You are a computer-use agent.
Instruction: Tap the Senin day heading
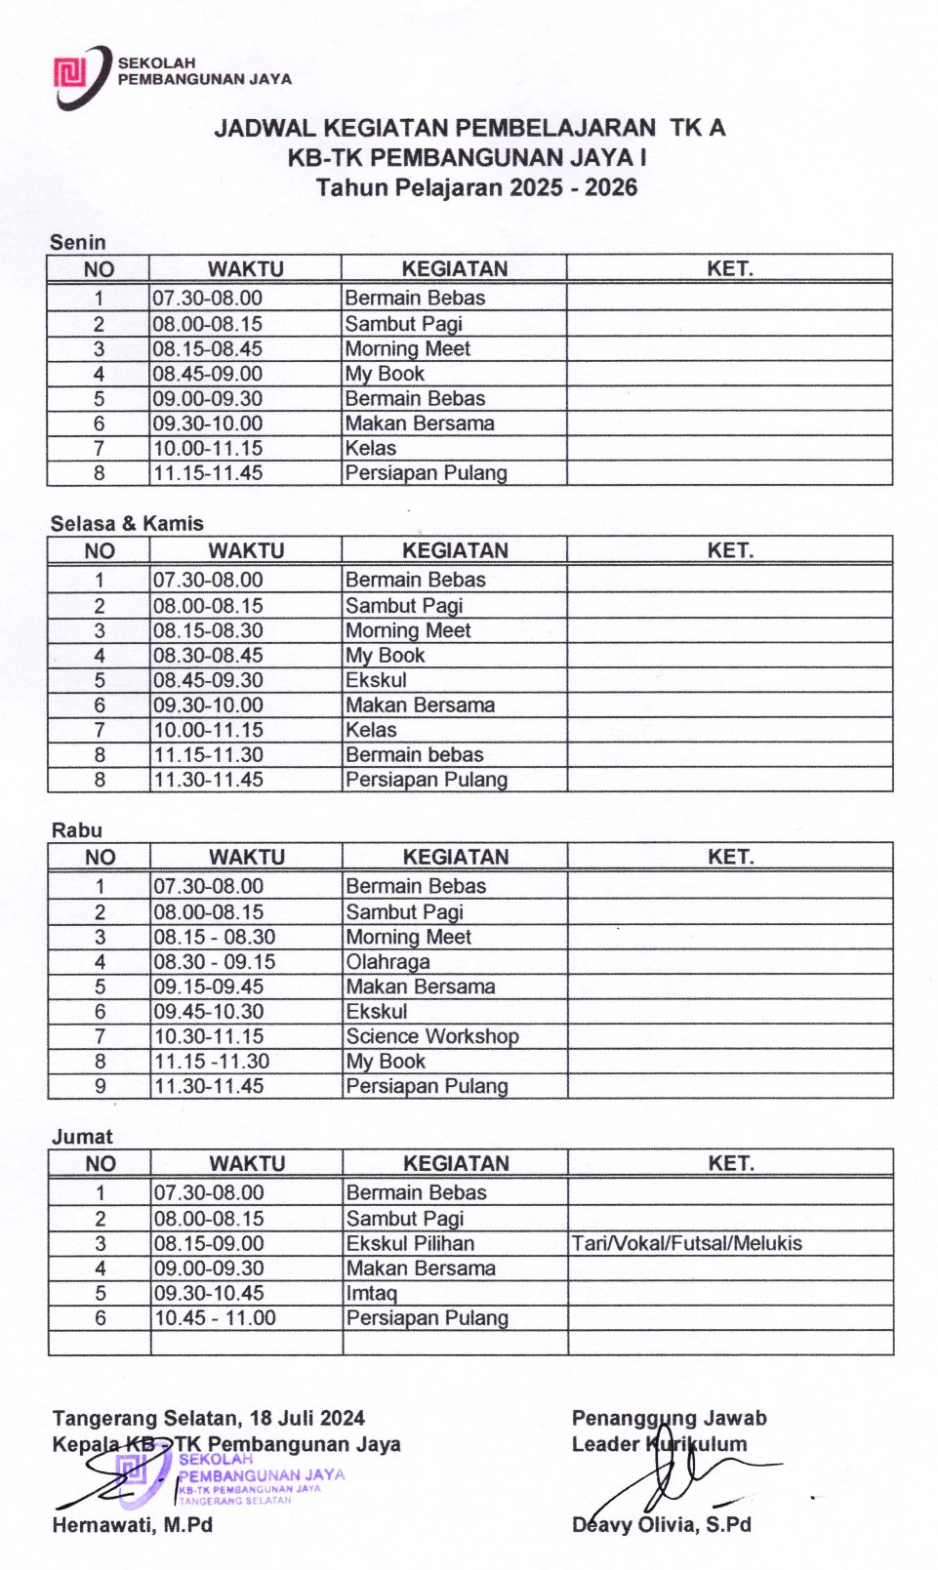click(78, 242)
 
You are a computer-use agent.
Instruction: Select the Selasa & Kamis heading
click(127, 524)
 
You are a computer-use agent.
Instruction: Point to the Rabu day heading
click(77, 830)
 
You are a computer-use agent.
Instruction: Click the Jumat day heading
click(82, 1137)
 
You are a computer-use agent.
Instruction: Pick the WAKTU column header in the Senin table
click(245, 269)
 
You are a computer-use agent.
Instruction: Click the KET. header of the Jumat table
click(730, 1163)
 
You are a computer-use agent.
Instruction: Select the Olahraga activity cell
click(387, 962)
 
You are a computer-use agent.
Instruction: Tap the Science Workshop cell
click(432, 1036)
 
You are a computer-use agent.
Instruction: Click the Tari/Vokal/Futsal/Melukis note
click(687, 1243)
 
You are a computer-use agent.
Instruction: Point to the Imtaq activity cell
click(372, 1293)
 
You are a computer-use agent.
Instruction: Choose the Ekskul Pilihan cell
click(410, 1243)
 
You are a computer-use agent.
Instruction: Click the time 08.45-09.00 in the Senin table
click(208, 374)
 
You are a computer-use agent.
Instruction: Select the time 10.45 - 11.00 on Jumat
click(215, 1318)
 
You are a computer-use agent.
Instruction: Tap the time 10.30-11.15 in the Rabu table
click(209, 1036)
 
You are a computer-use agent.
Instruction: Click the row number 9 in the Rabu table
click(100, 1086)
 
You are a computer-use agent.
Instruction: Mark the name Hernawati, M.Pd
click(133, 1524)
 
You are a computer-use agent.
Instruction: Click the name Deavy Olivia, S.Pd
click(662, 1524)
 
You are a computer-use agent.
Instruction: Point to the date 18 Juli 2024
click(307, 1418)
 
